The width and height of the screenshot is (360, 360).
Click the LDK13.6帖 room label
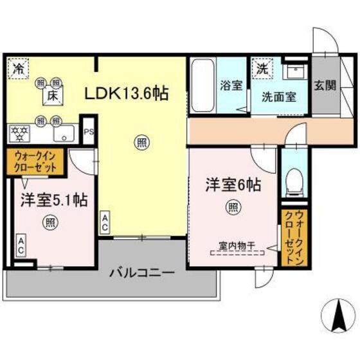tap(127, 94)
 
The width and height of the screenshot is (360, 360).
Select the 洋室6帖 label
tap(233, 185)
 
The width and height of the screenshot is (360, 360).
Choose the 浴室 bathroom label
tap(230, 84)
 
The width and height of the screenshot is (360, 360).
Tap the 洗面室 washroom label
tap(278, 97)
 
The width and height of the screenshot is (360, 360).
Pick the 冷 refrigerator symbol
tap(17, 67)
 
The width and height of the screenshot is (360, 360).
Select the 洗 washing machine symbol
tap(263, 67)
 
